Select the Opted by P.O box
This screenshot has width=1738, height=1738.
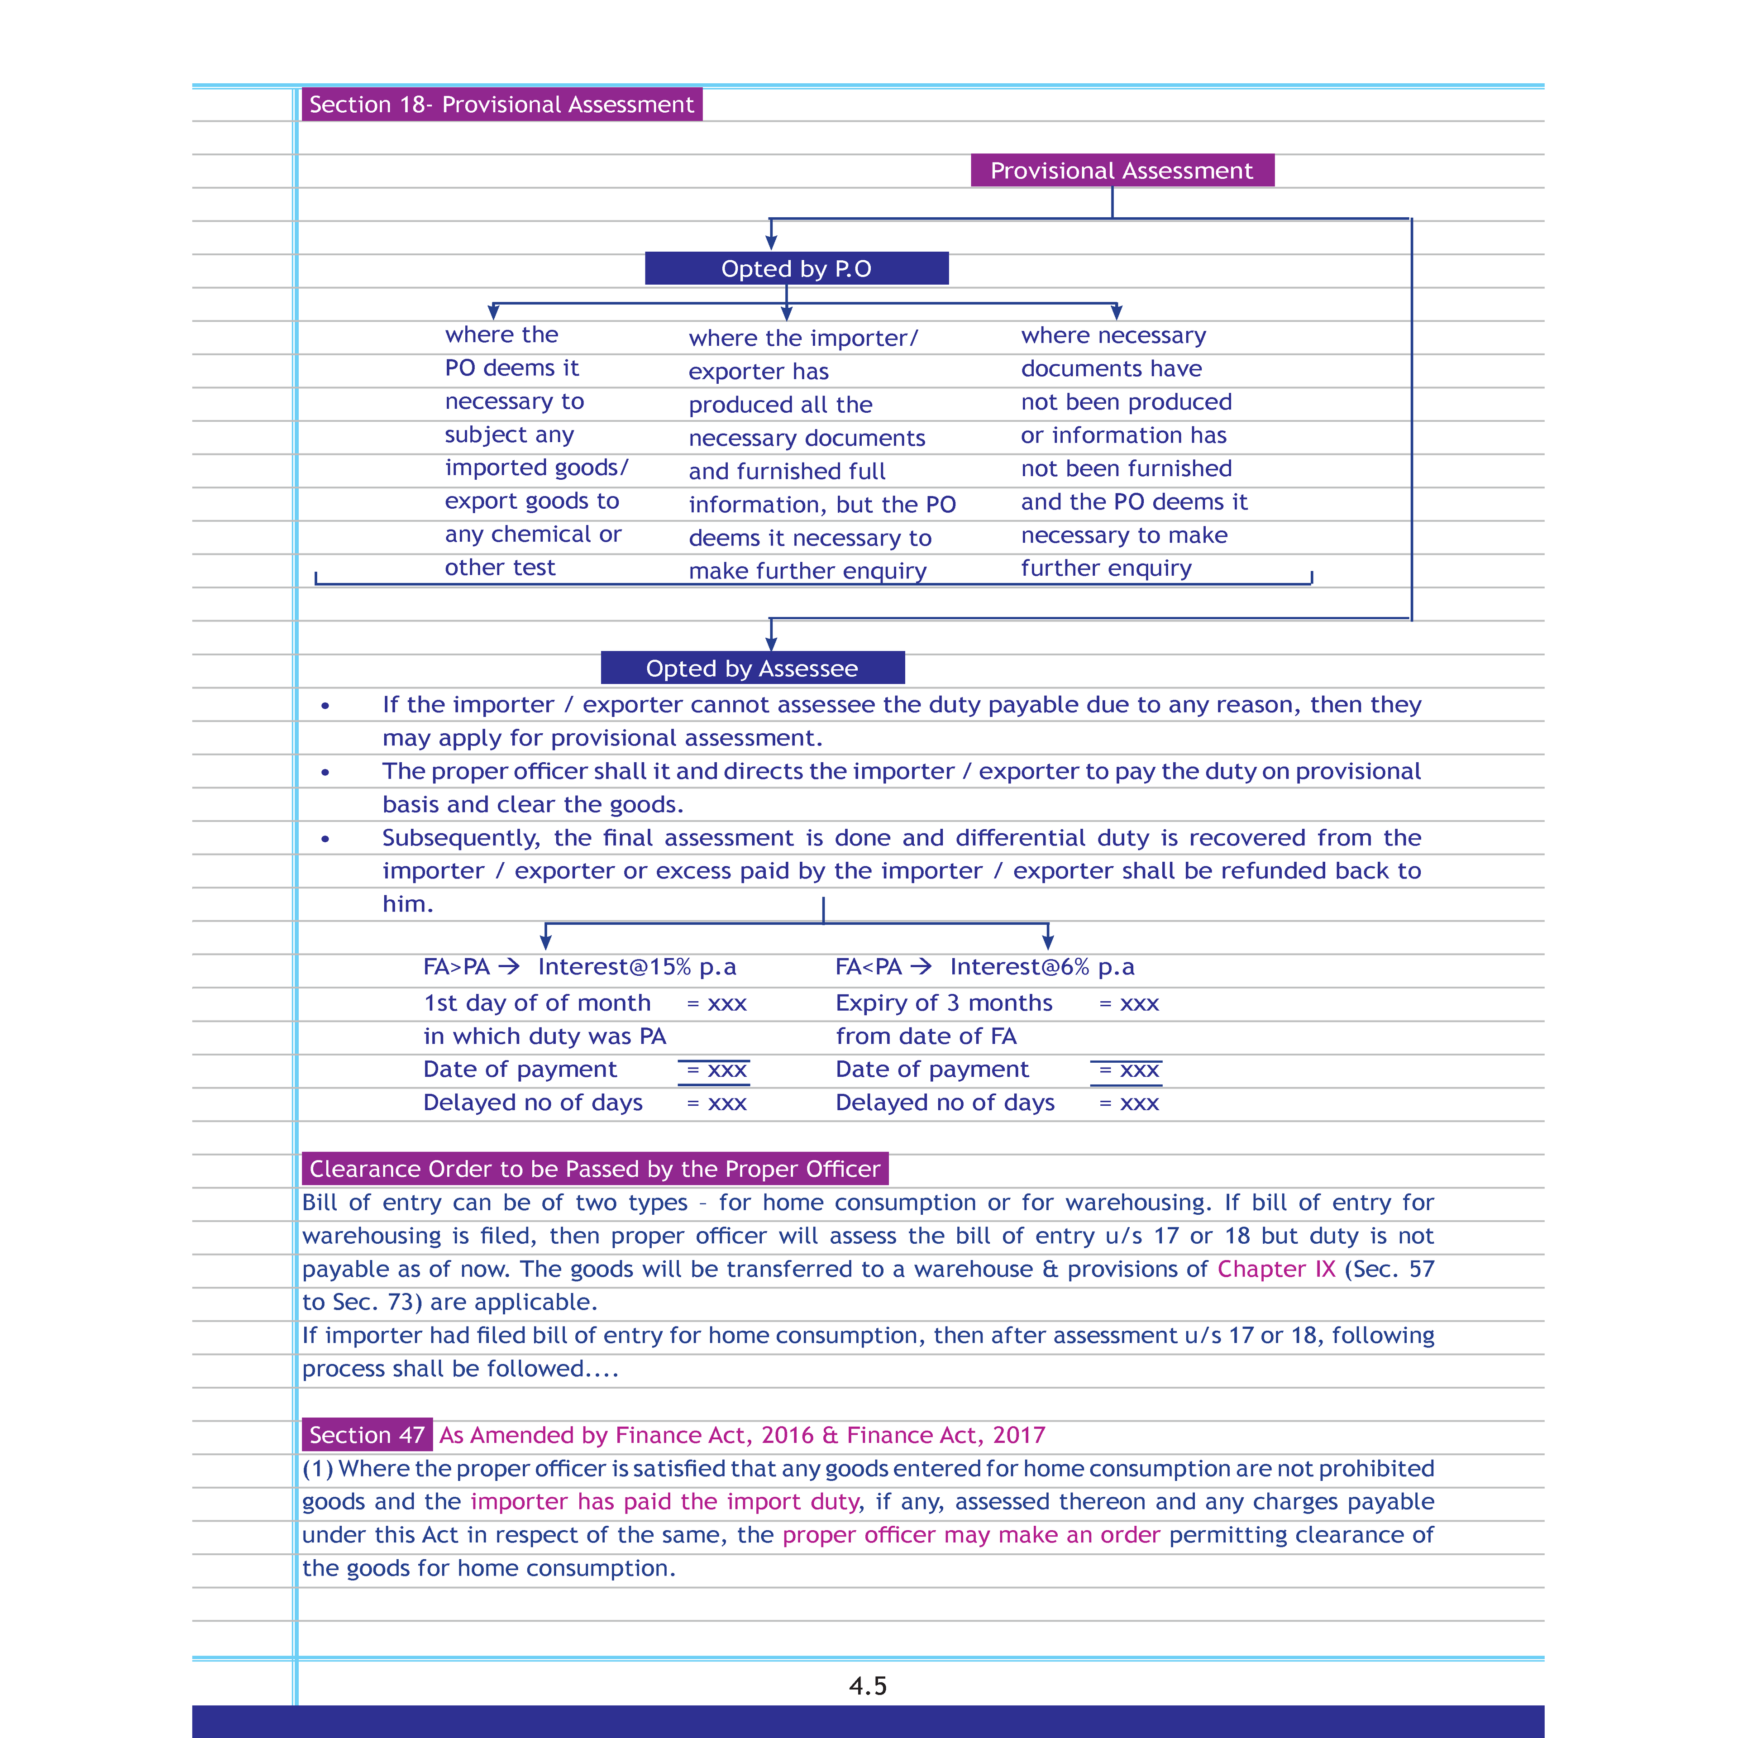796,268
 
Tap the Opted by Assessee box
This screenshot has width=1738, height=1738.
752,668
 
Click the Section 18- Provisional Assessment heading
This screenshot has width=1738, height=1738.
501,105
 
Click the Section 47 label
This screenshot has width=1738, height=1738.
367,1435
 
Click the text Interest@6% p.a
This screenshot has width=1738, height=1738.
1042,967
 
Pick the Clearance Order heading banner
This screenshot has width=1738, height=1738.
595,1169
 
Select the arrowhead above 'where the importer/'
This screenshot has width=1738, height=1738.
786,313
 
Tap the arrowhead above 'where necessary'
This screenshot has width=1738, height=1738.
1117,312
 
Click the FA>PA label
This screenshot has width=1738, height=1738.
456,967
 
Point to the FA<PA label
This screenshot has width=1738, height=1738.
868,967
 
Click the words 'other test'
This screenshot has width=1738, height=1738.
500,568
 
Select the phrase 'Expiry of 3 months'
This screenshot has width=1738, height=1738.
944,1003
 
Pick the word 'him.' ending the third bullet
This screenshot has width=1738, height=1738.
407,904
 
